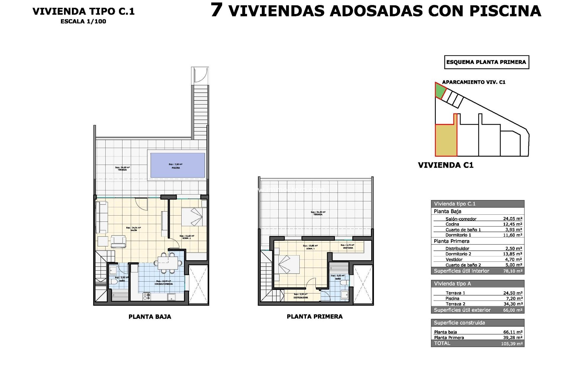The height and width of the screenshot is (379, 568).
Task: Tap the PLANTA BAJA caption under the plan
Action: point(150,317)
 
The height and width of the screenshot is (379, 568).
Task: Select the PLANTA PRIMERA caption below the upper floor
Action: point(314,317)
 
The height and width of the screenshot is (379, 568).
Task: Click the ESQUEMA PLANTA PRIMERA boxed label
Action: point(486,62)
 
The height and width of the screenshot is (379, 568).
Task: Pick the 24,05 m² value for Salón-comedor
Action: point(512,219)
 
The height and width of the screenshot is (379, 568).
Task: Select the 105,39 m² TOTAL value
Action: point(512,344)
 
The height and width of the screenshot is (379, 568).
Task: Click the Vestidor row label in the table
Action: point(454,259)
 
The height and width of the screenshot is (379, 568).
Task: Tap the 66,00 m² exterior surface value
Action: point(512,310)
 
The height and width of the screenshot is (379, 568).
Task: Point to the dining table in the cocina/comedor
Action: point(168,262)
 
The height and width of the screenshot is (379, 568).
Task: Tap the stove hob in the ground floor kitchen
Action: point(147,296)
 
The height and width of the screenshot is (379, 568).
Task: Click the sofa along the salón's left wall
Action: point(102,217)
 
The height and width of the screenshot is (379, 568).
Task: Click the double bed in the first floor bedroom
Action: point(287,264)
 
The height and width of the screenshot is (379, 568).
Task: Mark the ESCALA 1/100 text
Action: point(83,21)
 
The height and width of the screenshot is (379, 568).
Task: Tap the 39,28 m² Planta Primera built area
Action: point(512,338)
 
